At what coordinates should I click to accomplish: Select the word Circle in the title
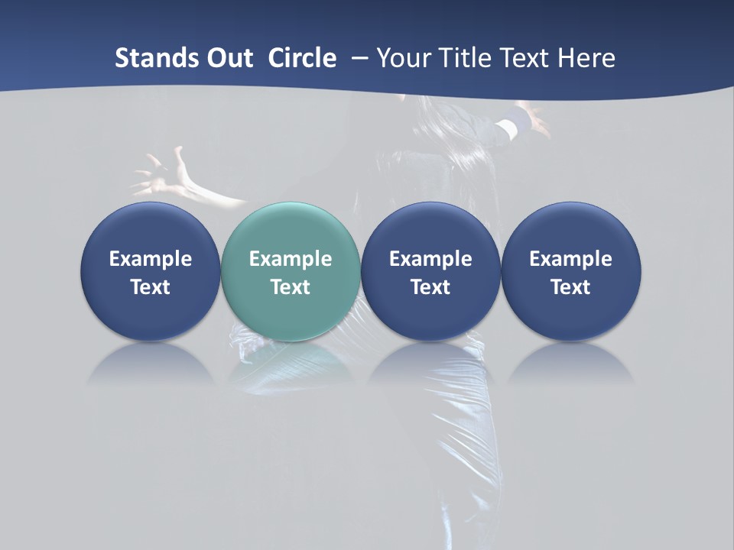point(302,58)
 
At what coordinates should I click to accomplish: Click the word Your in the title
point(403,58)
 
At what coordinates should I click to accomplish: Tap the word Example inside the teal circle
point(291,259)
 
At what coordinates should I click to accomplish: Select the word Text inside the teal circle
point(291,287)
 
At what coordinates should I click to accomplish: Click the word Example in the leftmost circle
point(151,259)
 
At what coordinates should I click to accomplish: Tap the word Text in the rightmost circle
point(571,287)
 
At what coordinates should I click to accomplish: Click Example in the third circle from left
point(430,259)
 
